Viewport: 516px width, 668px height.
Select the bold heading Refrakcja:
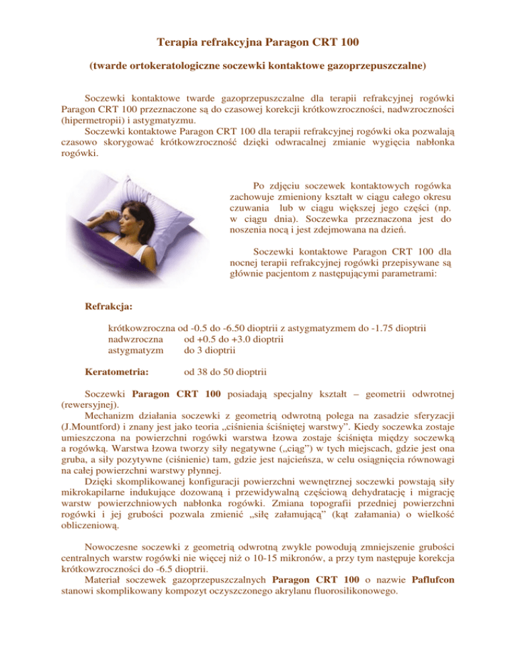point(108,306)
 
